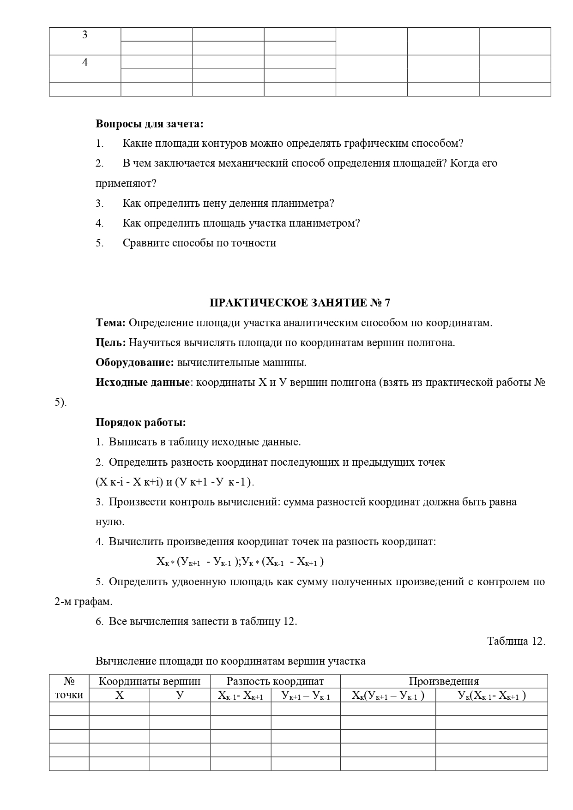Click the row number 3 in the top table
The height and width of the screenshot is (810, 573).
pos(84,35)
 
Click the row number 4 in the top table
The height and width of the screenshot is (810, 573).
pos(84,63)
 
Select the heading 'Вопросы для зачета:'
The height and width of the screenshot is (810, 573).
pos(149,124)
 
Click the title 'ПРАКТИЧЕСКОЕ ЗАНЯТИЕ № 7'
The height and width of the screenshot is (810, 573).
pos(300,303)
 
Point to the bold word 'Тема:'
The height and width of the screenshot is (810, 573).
pos(110,323)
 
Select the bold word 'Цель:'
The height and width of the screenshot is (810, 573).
pos(110,343)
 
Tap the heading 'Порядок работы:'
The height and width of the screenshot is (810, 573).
pos(141,422)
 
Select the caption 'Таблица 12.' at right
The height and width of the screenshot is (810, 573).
pos(516,641)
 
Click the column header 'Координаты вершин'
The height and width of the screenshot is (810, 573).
pos(150,681)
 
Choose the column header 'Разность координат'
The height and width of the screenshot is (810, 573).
pos(275,681)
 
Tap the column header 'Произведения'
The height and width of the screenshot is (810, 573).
pos(444,681)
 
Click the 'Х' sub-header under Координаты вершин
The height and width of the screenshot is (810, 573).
pos(119,695)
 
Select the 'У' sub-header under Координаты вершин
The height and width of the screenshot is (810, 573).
pos(180,695)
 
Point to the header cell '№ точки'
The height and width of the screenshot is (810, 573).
pos(69,688)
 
